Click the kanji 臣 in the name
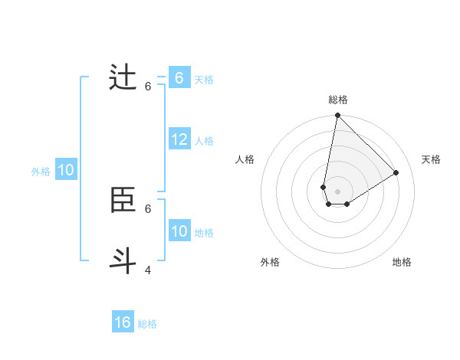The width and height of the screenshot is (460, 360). tap(123, 201)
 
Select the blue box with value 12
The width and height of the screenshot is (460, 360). tap(179, 139)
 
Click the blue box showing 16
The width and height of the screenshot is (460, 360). tap(123, 322)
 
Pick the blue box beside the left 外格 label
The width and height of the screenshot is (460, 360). tap(65, 170)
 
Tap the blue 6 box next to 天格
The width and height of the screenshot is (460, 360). tap(179, 78)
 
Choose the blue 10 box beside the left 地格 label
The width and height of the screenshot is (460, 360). tap(179, 231)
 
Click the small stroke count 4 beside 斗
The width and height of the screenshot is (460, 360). tap(148, 270)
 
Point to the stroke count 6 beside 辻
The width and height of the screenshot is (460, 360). tap(148, 87)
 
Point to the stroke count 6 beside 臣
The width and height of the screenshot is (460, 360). tap(148, 208)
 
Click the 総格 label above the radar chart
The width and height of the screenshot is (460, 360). tap(338, 100)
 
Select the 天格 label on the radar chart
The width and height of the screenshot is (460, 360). tap(431, 159)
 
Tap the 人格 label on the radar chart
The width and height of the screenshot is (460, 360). tap(245, 159)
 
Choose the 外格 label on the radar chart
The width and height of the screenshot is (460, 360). tap(270, 262)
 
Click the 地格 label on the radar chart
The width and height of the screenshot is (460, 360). tap(402, 262)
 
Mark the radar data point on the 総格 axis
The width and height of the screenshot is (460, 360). tap(337, 116)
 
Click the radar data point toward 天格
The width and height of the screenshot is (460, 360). tap(396, 173)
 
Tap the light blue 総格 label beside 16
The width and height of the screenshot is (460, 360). tap(147, 324)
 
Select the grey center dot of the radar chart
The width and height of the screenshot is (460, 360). tap(337, 191)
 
